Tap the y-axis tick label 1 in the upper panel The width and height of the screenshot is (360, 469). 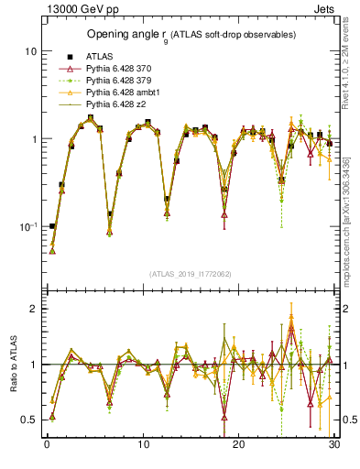[x=33, y=139]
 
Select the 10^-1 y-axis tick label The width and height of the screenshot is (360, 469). [x=27, y=226]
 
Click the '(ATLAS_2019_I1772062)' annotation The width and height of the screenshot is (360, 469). [x=189, y=274]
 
